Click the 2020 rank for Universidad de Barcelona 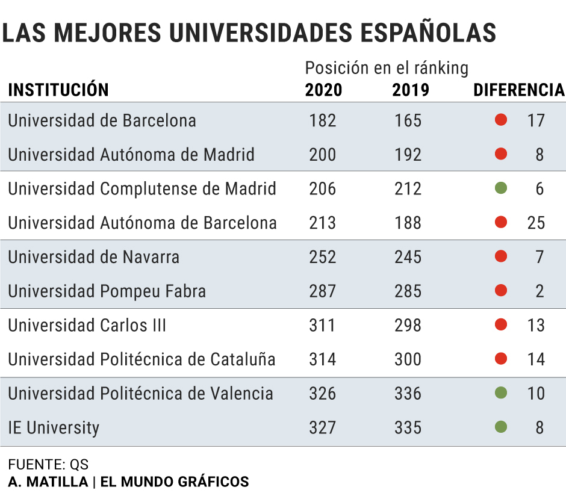[x=323, y=120]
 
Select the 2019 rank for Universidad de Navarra [x=408, y=257]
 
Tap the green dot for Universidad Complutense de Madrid [x=500, y=188]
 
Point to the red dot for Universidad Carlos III [x=500, y=325]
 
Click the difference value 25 [x=535, y=223]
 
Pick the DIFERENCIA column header [x=519, y=90]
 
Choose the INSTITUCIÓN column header [x=58, y=90]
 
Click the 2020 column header [x=323, y=90]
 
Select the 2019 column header [x=410, y=90]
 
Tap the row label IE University [x=54, y=428]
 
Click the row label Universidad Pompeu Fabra [x=107, y=291]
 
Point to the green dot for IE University [x=500, y=427]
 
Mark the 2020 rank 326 [x=323, y=394]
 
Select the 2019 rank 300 [x=408, y=359]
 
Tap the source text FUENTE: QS [x=48, y=465]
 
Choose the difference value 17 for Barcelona [x=535, y=120]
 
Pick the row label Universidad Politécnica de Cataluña [x=141, y=359]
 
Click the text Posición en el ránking [x=387, y=68]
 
